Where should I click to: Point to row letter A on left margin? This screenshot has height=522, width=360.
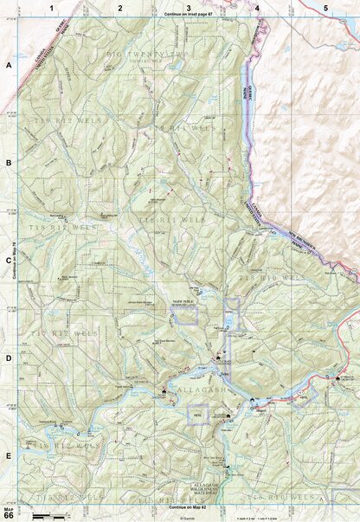[x=9, y=66]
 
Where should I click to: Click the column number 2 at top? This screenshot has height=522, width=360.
[x=120, y=7]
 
